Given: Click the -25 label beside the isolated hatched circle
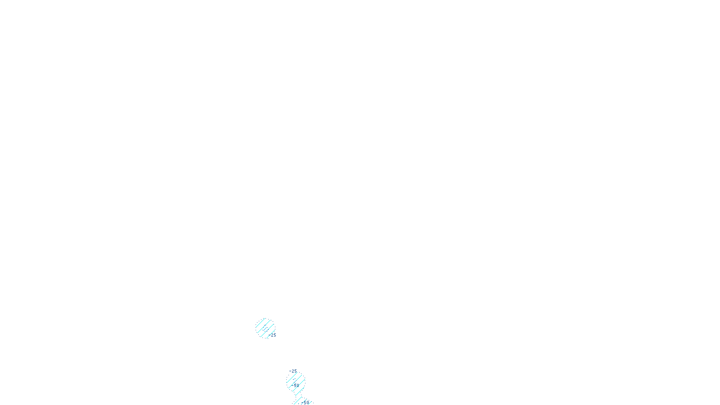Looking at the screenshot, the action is click(273, 335).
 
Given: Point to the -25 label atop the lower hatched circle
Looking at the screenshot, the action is click(293, 371).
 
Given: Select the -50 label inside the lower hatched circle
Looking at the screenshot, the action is click(295, 385).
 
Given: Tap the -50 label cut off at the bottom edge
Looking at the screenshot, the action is click(305, 402).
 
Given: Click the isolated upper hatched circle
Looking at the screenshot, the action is click(265, 328).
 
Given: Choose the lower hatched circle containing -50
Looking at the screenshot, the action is click(296, 382).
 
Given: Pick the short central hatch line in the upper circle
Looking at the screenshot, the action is click(265, 328).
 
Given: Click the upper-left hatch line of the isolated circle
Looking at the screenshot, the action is click(261, 323).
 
